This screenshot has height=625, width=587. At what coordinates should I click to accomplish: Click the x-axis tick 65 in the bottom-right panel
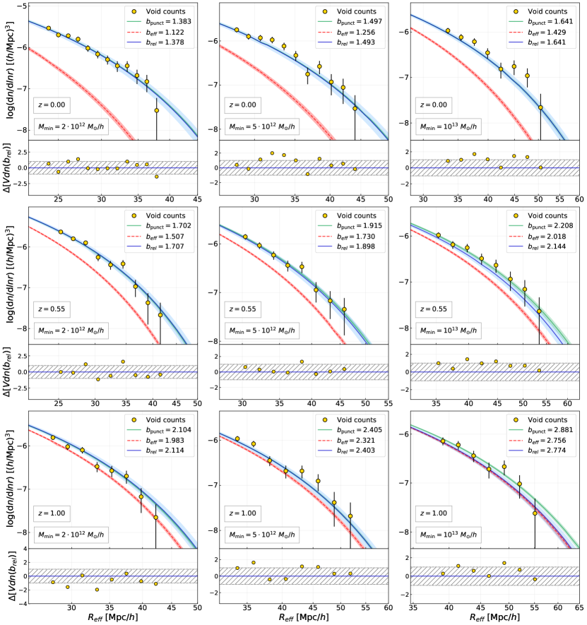577,607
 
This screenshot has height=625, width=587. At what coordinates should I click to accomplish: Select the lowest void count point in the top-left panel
157,111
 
